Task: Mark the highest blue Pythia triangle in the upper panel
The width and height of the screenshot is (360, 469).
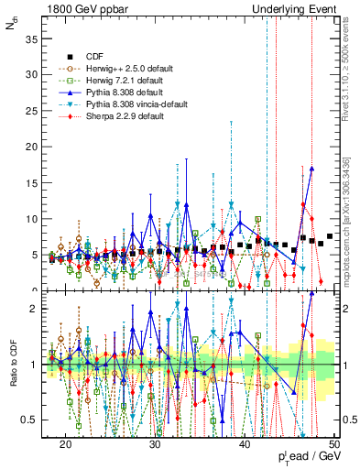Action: pos(312,169)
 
